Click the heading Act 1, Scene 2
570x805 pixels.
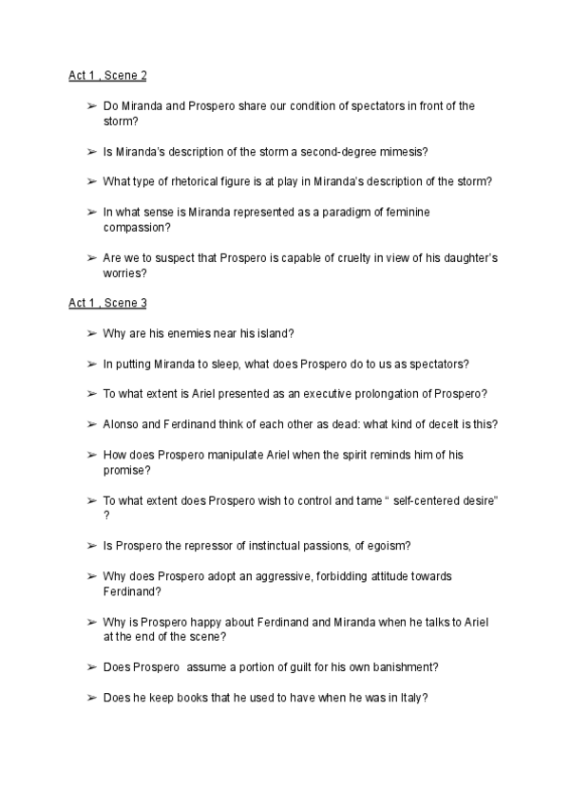point(107,74)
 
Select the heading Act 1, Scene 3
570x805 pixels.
point(107,303)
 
